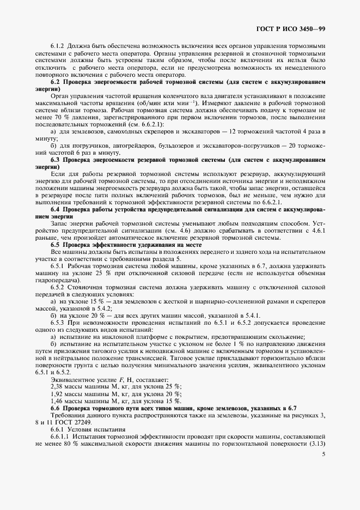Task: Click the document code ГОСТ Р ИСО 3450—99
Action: coord(290,28)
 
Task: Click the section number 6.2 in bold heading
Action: coord(55,81)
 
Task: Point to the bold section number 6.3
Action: coord(55,160)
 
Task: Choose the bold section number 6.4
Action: coord(55,209)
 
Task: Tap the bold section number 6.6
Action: coord(55,408)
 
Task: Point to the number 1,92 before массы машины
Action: coord(57,393)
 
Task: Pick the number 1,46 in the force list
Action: coord(57,400)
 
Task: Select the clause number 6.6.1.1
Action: coord(60,436)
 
